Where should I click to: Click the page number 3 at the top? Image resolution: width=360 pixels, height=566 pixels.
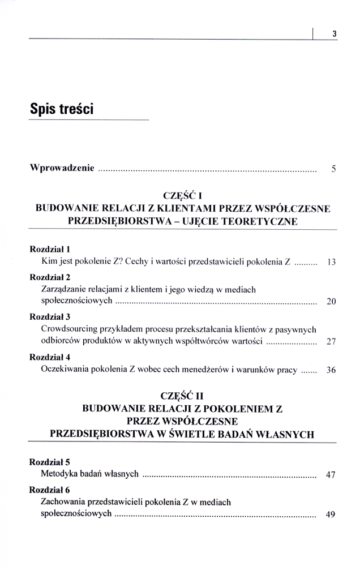coord(334,33)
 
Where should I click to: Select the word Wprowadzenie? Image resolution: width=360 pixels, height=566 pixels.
coord(62,169)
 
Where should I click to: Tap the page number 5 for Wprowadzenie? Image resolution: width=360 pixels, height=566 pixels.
coord(334,169)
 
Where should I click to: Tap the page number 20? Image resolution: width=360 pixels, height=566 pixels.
coord(332,301)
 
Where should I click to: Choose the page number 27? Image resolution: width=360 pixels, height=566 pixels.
coord(332,341)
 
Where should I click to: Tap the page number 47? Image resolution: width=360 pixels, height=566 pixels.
coord(332,474)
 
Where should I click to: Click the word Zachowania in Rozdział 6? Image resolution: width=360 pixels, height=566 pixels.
coord(65,501)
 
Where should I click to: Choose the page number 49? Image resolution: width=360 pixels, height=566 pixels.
coord(332,514)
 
